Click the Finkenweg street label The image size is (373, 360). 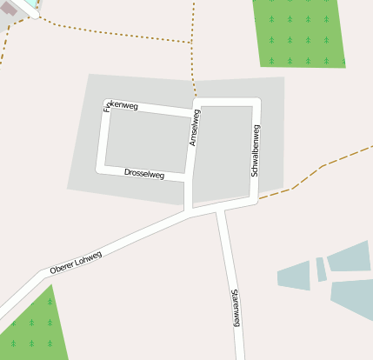coord(121,105)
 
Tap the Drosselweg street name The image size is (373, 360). coord(144,174)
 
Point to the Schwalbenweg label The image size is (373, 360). coord(255,150)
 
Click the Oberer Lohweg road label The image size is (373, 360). coord(76,263)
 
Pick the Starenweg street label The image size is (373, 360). coord(235,308)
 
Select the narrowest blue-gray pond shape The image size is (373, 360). coord(321,269)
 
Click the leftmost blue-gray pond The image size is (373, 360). coord(295,276)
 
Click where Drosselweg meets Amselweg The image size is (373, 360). coord(188,178)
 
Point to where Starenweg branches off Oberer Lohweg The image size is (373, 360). coord(220,209)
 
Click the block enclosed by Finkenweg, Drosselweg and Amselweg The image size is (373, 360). coord(146,141)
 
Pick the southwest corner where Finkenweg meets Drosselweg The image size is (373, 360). coord(102,168)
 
